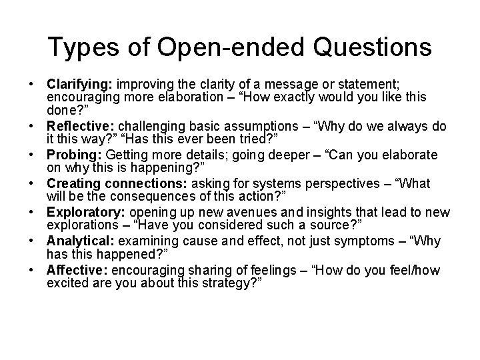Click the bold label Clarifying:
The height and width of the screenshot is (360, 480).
[80, 85]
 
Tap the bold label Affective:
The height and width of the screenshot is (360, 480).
[78, 271]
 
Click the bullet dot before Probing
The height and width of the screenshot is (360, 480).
[32, 155]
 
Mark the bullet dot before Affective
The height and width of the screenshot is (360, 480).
[32, 271]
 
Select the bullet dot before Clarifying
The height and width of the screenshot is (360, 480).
[32, 85]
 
